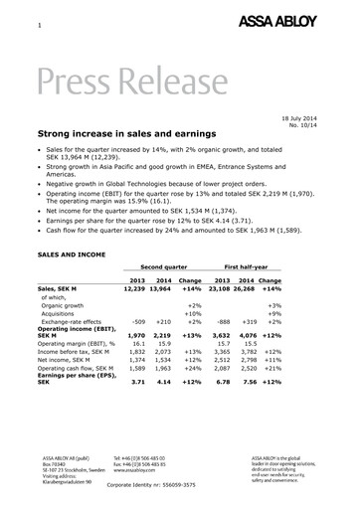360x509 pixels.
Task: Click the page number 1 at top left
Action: pyautogui.click(x=38, y=24)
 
